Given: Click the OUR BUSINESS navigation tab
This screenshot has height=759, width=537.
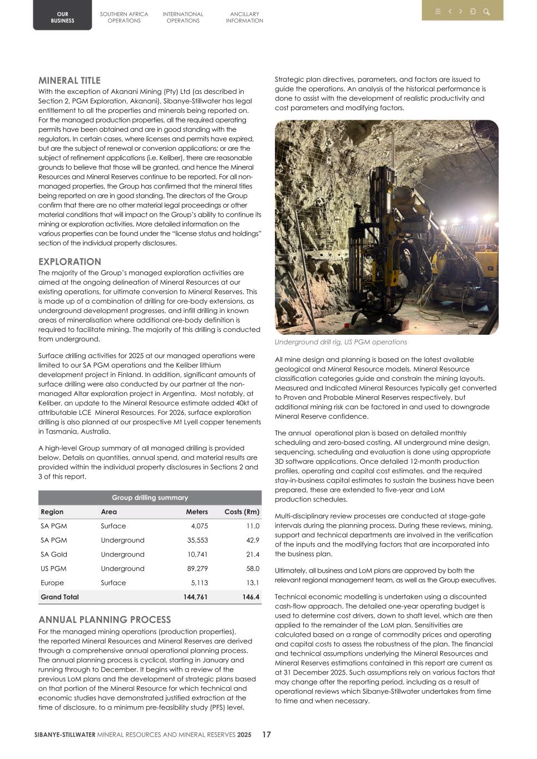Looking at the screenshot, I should [62, 17].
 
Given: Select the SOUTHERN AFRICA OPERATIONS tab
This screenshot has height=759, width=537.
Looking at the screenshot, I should [124, 17].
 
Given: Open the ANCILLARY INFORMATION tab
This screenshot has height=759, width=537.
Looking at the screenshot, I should [244, 17].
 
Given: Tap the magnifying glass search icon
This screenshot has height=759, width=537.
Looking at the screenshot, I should [486, 11].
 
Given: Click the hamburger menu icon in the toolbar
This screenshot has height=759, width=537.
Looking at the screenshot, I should [438, 11].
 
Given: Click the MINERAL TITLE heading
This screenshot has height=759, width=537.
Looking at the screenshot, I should [70, 81].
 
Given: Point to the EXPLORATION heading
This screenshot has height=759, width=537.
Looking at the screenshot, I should [70, 262].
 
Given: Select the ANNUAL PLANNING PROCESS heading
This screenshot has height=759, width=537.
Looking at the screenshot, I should [105, 619].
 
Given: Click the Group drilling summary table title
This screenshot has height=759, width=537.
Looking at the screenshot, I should [150, 498].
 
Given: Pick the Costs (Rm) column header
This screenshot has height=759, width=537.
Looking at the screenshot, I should [242, 512].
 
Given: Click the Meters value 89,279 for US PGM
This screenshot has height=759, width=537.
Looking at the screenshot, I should [197, 568].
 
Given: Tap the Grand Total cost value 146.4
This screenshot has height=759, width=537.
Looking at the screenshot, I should [250, 597].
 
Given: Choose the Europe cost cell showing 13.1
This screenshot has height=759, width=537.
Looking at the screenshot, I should [252, 583].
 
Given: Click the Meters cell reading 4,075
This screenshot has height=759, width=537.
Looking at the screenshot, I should [199, 526].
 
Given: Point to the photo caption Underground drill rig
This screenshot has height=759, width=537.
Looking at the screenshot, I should [341, 342].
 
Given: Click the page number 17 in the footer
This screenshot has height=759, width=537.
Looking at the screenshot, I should [267, 735].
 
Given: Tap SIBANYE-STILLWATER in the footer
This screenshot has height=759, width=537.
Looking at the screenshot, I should [65, 735].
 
